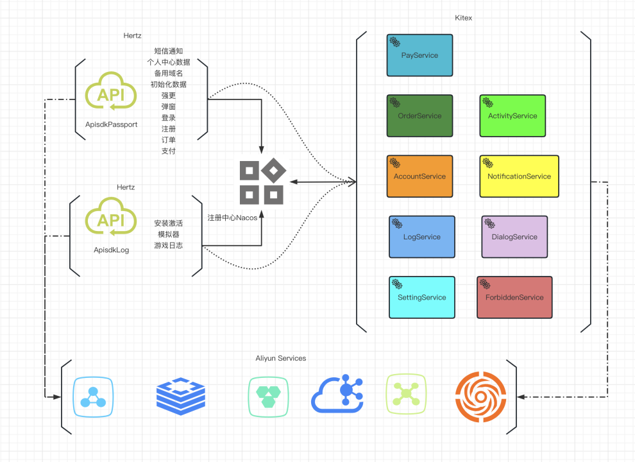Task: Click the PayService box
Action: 419,55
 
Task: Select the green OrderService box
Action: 419,116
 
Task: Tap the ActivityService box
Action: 512,116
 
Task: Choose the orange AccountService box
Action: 419,176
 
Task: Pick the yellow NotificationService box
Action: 519,176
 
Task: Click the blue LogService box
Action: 421,237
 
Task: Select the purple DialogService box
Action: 514,237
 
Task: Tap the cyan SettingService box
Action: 421,298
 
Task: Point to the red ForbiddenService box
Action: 514,298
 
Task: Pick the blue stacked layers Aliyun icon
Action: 181,395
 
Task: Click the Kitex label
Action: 462,18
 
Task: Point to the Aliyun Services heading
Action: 280,358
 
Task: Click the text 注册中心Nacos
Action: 232,218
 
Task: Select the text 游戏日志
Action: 169,245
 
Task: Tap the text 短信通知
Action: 169,51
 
